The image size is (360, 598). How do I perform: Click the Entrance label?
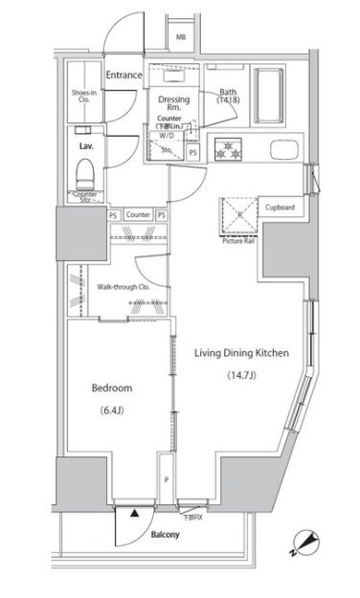click(x=124, y=76)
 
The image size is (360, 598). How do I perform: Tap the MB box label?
click(x=180, y=38)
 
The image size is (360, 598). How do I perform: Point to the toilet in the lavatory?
click(x=85, y=173)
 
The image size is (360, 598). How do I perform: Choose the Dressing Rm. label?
click(x=173, y=103)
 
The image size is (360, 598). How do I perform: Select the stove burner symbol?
click(x=230, y=150)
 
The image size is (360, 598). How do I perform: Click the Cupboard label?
click(x=279, y=208)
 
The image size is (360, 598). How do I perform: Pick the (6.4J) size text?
click(x=112, y=411)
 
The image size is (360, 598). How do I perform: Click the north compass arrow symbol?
click(x=306, y=541)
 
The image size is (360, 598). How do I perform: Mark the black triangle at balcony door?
click(x=133, y=513)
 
